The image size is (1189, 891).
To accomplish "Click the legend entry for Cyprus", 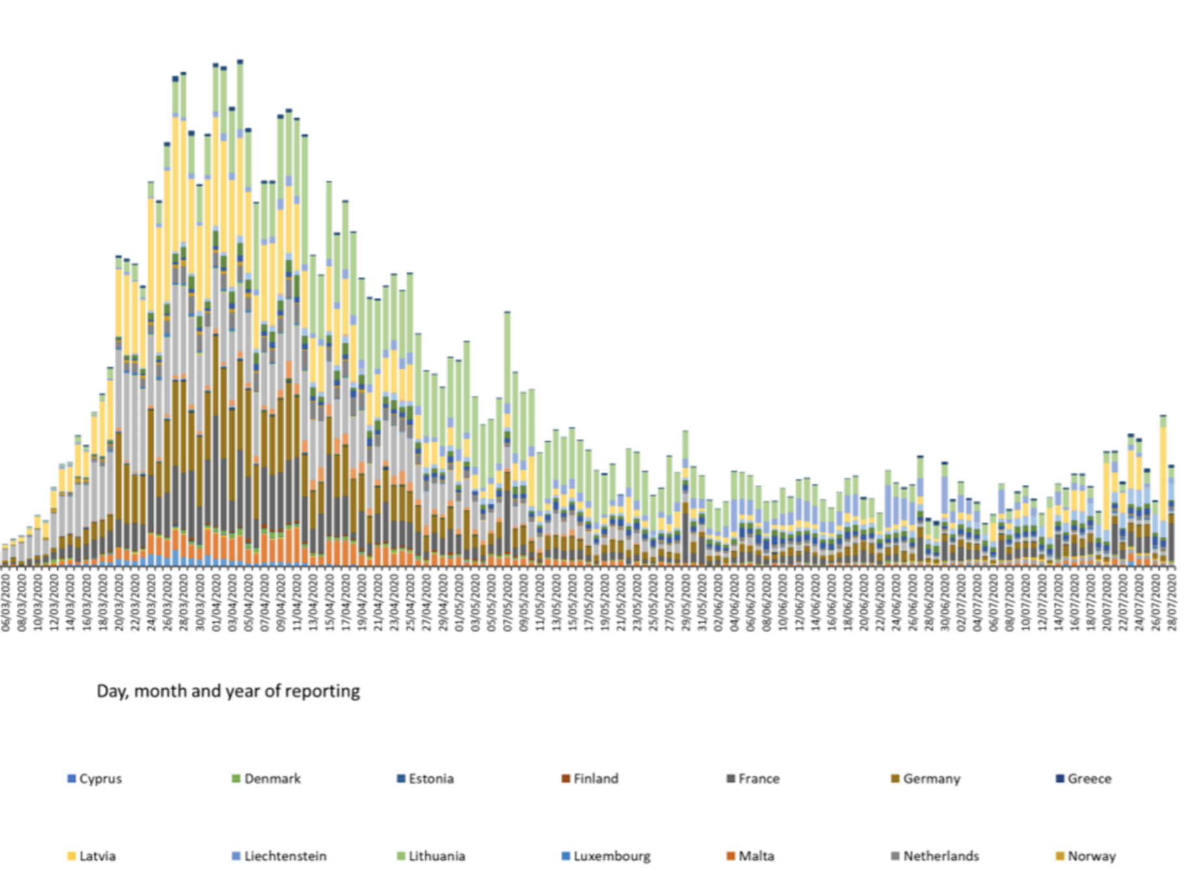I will tap(95, 779).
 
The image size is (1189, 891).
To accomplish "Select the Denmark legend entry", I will tap(267, 779).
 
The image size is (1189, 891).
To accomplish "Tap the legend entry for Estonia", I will tap(425, 779).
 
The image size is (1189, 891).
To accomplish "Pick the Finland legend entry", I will tap(591, 779).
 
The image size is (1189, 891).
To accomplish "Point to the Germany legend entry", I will tap(926, 779).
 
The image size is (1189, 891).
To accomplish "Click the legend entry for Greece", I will tap(1084, 779).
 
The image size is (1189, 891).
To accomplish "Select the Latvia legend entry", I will tap(92, 856).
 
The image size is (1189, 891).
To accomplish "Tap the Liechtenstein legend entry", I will tap(280, 856).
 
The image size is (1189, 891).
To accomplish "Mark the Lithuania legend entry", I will tap(431, 856).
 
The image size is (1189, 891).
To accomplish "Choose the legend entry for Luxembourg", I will tap(606, 856).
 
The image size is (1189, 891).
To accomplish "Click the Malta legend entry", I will tap(751, 856).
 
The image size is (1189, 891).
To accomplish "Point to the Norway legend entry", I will tap(1086, 856).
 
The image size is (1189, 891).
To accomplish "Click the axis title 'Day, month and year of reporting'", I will tap(228, 691).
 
